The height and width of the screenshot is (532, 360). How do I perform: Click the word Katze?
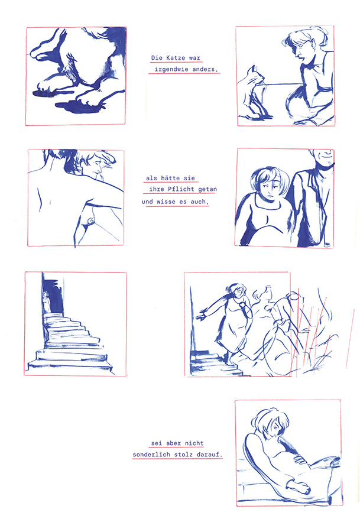[x=176, y=58]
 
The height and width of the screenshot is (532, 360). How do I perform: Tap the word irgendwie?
[x=171, y=69]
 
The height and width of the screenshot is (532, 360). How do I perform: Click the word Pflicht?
[x=181, y=189]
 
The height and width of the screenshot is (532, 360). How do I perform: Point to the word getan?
[x=207, y=189]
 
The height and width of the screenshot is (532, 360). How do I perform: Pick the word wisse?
[x=166, y=202]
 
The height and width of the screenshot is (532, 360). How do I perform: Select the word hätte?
[x=170, y=178]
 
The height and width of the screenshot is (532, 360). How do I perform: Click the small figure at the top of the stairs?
[x=46, y=301]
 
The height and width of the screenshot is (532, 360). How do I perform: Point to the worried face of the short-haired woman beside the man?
[x=271, y=190]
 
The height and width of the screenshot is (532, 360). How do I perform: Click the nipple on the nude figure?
[x=90, y=221]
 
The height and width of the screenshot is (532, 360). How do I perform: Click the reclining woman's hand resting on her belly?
[x=301, y=459]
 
